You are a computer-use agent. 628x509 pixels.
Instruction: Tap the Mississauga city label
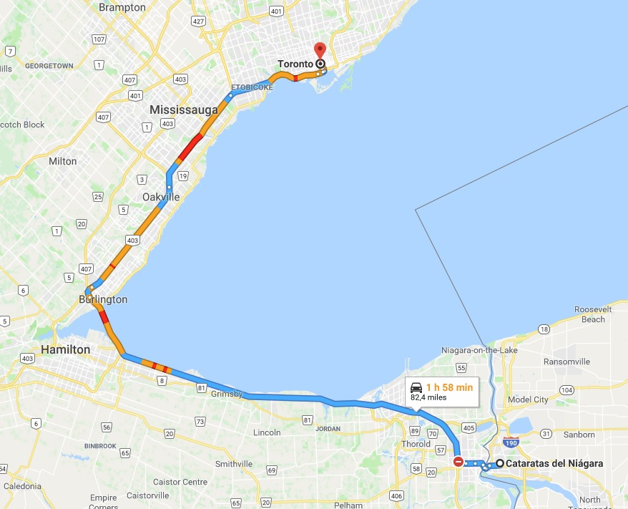coord(184,110)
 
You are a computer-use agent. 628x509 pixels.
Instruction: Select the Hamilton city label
coord(65,349)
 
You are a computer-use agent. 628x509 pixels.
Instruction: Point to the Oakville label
coord(161,197)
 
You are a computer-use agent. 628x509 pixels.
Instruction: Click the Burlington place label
coord(104,299)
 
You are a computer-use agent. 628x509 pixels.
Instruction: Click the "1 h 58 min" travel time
coord(449,387)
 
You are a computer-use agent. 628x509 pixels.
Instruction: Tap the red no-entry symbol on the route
coord(458,462)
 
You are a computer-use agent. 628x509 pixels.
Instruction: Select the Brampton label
coord(122,7)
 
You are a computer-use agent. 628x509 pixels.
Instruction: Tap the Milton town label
coord(62,161)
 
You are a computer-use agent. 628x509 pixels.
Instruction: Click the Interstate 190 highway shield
coord(511,442)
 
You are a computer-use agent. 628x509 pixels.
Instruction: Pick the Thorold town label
coord(416,444)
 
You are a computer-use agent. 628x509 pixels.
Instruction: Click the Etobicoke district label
coord(252,87)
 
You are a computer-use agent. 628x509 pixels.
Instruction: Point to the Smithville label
coord(235,464)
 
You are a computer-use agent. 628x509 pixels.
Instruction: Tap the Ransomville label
coord(566,362)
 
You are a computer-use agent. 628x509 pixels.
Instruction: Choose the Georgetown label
coord(49,65)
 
